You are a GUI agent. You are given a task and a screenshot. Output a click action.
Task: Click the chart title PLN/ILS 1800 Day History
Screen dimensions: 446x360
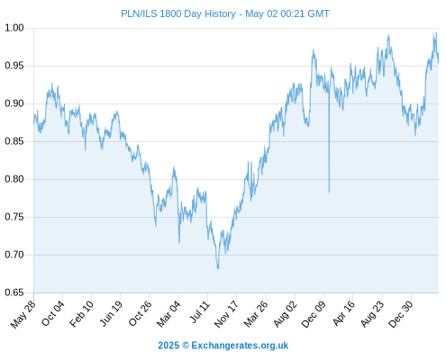click(x=178, y=13)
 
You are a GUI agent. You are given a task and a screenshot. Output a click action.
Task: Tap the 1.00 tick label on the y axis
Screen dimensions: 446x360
click(x=14, y=28)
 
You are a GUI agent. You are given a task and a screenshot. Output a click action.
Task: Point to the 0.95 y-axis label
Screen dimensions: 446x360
click(x=14, y=66)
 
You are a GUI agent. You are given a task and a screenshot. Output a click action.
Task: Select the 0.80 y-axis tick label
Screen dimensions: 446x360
click(x=14, y=179)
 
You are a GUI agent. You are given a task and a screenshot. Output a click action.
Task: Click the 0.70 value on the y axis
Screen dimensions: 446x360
click(x=14, y=255)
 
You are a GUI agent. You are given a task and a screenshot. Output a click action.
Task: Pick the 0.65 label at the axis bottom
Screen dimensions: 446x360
click(x=14, y=292)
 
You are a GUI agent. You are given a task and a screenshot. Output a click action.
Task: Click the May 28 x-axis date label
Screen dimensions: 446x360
click(x=23, y=314)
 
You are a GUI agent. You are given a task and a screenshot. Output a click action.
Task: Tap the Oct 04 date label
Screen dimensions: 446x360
click(x=53, y=313)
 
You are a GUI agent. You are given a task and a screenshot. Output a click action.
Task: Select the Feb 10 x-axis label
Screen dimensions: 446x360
click(x=81, y=314)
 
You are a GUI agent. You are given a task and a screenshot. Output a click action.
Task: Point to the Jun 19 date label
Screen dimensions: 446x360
click(x=111, y=313)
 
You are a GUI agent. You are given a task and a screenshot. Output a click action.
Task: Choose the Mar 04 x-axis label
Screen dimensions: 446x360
click(x=168, y=314)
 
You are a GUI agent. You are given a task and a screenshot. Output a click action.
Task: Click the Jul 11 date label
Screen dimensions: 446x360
click(x=200, y=312)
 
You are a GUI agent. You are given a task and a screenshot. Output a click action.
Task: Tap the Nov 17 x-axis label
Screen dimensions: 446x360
click(x=226, y=314)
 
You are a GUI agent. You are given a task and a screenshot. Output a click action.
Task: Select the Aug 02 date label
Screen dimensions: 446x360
click(x=286, y=314)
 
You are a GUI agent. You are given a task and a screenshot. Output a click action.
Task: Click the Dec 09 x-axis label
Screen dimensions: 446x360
click(x=314, y=314)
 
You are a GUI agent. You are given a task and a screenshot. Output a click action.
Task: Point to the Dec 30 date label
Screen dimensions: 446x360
click(x=401, y=314)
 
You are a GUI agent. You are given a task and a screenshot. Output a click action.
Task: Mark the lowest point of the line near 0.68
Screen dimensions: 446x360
click(x=218, y=268)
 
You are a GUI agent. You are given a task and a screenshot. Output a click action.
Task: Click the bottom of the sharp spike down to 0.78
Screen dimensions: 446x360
click(x=329, y=192)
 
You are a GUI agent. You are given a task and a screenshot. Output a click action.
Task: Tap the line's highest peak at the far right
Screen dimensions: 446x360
click(x=436, y=32)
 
